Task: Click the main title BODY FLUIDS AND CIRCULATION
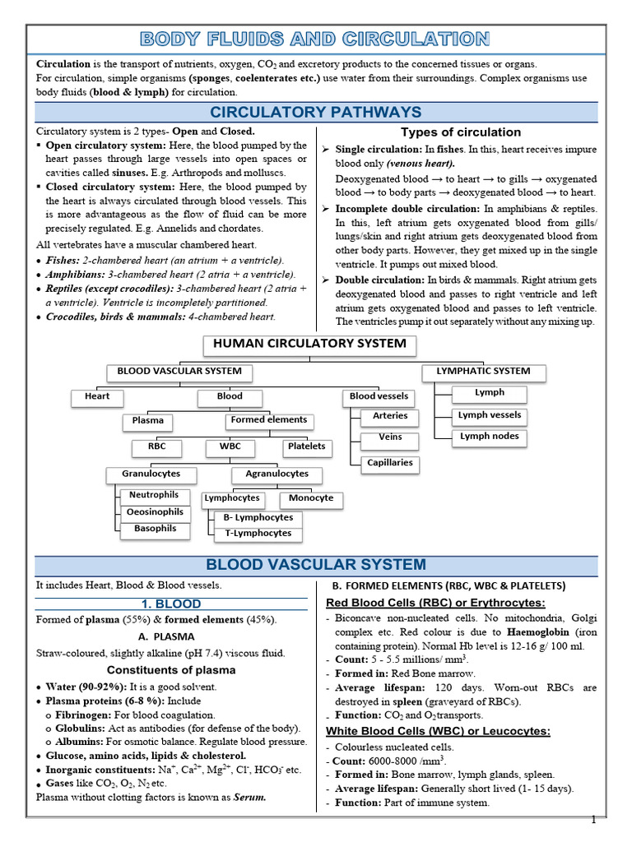316,39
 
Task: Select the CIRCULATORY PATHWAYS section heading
316,113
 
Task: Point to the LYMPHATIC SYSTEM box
477,372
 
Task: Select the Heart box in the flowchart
97,396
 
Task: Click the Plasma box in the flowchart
148,421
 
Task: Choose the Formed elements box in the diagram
269,420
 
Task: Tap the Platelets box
307,446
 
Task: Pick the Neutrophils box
153,496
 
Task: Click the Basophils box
156,529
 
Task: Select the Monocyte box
311,498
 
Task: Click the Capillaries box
390,463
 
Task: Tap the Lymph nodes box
489,437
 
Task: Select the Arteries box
390,416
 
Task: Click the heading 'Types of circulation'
460,132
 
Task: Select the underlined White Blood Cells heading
438,731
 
